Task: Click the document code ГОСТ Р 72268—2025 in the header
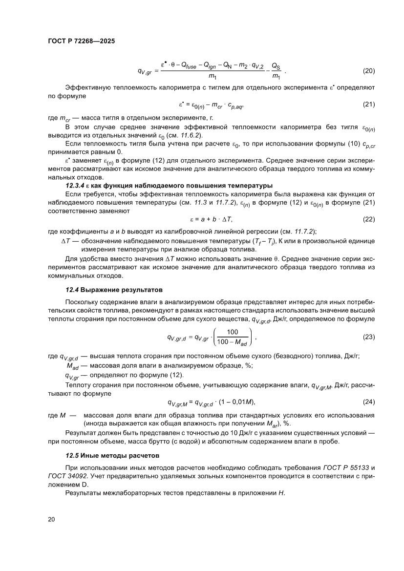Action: (81, 41)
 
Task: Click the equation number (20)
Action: (368, 71)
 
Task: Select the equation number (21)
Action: (368, 105)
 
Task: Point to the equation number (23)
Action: (368, 337)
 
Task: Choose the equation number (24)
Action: (368, 402)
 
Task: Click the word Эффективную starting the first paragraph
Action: (85, 88)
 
